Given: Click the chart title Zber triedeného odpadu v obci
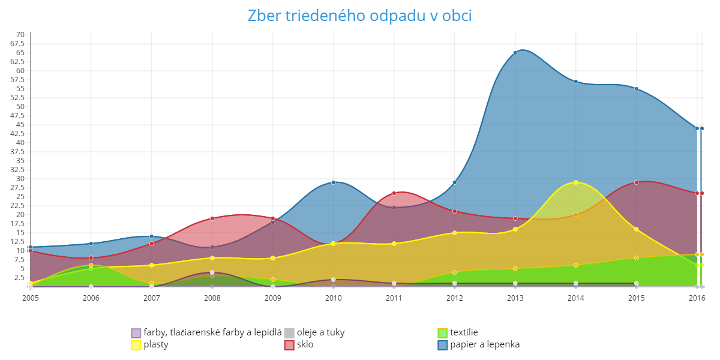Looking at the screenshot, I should (360, 16).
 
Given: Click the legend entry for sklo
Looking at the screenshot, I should (305, 345).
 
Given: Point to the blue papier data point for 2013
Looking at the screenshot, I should (515, 53).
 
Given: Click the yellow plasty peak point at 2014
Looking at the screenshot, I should (575, 182).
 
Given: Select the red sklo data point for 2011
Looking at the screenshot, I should (394, 193).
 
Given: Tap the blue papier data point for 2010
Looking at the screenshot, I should (334, 182).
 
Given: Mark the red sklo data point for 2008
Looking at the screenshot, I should (212, 218).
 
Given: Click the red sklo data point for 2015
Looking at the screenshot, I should (636, 182).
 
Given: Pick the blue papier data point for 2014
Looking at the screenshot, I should (575, 82).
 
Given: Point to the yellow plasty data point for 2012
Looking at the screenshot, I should (455, 233).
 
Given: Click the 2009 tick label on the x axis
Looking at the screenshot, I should (273, 296).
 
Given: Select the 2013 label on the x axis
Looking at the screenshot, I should (515, 296).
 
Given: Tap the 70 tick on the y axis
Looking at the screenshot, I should (20, 35).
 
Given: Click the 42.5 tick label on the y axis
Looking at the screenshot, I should (17, 134).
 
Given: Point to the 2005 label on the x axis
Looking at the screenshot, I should (31, 296).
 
